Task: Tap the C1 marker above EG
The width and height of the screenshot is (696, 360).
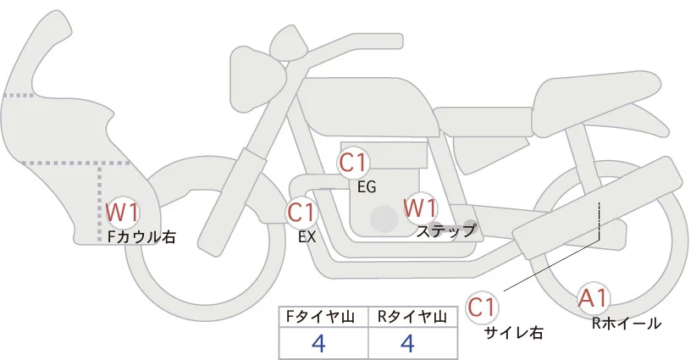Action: pyautogui.click(x=353, y=163)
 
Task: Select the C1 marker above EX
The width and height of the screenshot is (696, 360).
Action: pyautogui.click(x=301, y=212)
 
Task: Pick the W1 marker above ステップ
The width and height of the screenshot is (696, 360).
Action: pyautogui.click(x=420, y=207)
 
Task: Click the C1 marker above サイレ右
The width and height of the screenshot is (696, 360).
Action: pyautogui.click(x=483, y=307)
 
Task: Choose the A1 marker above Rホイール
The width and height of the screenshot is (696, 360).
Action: pyautogui.click(x=593, y=297)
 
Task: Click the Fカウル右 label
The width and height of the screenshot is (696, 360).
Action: pyautogui.click(x=141, y=238)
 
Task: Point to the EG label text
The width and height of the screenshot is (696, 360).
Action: pyautogui.click(x=366, y=186)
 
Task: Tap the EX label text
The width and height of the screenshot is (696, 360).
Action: pyautogui.click(x=307, y=237)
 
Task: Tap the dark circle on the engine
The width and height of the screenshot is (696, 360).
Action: pyautogui.click(x=384, y=219)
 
